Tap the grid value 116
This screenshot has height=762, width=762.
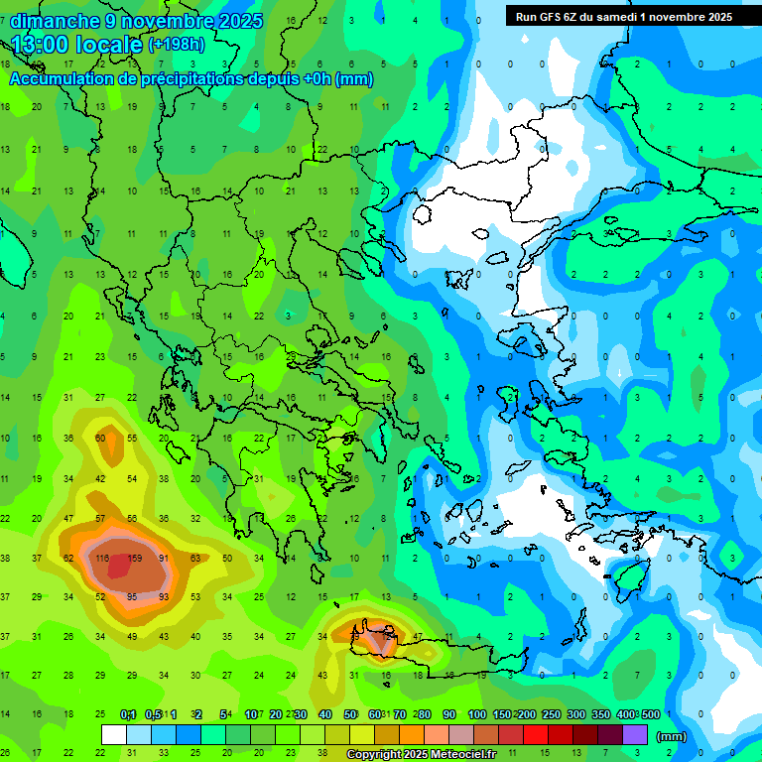[101, 559]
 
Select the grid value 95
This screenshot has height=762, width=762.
[132, 596]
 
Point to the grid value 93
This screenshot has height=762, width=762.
[164, 596]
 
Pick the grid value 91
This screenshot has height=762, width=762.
[164, 559]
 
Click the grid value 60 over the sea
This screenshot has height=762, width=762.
[100, 438]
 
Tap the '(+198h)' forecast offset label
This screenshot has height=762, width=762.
[177, 45]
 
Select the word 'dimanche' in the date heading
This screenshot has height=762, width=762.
[55, 20]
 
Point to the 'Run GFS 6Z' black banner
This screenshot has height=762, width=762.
[623, 16]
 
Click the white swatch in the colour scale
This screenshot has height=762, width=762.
[114, 735]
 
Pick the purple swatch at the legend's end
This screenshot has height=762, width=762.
[635, 735]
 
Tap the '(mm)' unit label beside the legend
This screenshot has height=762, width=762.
[672, 736]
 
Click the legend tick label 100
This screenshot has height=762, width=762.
[476, 714]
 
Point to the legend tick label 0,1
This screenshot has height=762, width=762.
[128, 714]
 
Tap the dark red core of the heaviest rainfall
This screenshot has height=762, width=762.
[119, 566]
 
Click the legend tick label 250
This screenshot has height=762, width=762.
[551, 714]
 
